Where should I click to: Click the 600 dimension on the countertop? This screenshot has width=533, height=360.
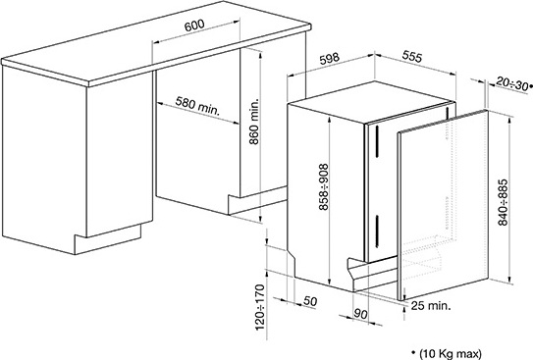pos(194,26)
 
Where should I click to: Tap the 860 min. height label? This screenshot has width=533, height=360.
pos(254,122)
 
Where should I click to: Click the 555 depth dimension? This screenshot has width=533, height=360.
pos(411,56)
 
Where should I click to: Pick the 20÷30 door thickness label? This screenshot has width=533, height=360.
pos(512,83)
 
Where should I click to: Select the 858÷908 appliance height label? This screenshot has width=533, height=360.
pos(324,187)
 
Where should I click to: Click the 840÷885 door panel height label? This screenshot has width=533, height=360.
pos(503,202)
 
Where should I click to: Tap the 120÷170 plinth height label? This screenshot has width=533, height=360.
pos(259,308)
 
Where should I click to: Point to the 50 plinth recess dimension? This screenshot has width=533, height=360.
pos(309,301)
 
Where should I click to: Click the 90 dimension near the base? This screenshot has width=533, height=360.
pos(360,314)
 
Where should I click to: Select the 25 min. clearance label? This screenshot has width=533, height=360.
pos(431,306)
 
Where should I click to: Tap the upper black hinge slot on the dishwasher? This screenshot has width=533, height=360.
pos(376,141)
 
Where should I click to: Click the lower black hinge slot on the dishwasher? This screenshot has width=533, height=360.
pos(376,231)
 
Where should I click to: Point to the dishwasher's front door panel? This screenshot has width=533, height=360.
pos(443,205)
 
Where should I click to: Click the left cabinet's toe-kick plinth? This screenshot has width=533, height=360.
pos(107,239)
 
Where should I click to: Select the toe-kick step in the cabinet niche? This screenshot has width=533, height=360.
pos(257,200)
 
